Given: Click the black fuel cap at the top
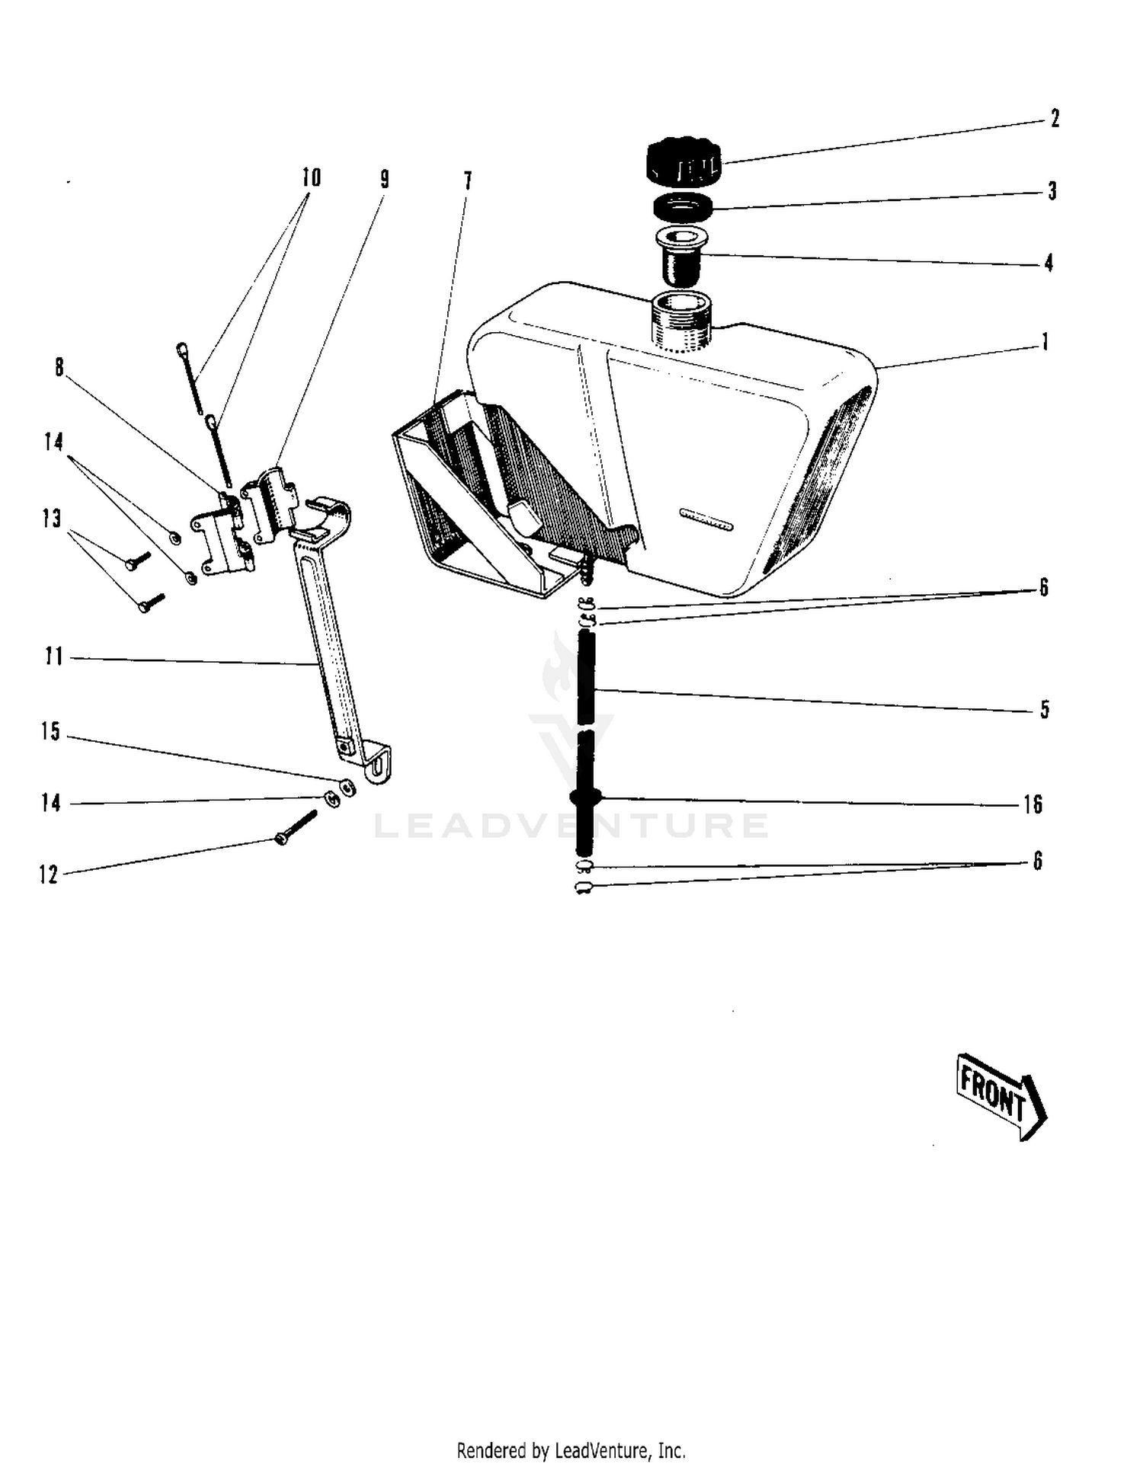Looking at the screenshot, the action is click(x=684, y=161).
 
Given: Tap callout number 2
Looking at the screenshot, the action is click(x=1055, y=119).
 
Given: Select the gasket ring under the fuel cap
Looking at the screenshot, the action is click(x=684, y=206).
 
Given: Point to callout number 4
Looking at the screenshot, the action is click(x=1049, y=263).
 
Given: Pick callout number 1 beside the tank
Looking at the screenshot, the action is click(x=1045, y=342).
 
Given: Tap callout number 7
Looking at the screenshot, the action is click(x=468, y=181).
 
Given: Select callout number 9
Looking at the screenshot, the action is click(x=385, y=179).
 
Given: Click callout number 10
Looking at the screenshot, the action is click(x=311, y=177).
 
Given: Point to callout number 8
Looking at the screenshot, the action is click(x=59, y=367).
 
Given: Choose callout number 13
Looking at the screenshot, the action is click(x=51, y=519).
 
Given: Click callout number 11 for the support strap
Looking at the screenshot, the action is click(x=53, y=656).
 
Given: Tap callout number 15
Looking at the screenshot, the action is click(x=50, y=731).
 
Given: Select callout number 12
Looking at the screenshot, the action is click(x=48, y=874).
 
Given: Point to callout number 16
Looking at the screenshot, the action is click(x=1033, y=804).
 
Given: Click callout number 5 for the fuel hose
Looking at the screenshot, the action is click(x=1045, y=709).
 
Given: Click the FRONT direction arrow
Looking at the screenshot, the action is click(x=1001, y=1095).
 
